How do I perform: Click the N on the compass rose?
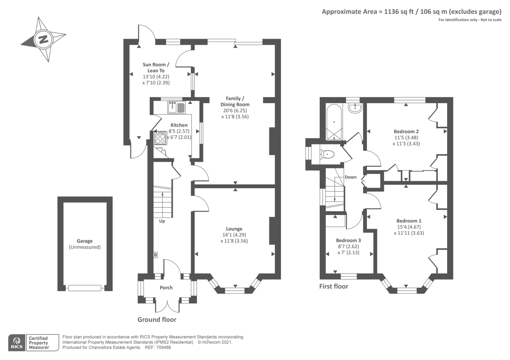tap(43, 40)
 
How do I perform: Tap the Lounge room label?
tap(234, 229)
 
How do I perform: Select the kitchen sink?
tap(177, 107)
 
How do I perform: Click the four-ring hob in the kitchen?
tap(160, 138)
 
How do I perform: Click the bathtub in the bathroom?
tap(334, 122)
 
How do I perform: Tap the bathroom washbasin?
tap(355, 108)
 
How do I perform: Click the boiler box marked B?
tap(156, 255)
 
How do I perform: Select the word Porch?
tap(166, 288)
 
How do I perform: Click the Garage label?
tap(85, 241)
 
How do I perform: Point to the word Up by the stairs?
tap(162, 221)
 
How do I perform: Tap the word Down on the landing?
tap(351, 177)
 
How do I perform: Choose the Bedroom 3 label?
tap(348, 240)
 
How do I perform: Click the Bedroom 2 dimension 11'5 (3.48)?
tap(406, 137)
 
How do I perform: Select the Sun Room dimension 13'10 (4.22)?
tap(156, 77)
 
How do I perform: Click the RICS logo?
tap(17, 343)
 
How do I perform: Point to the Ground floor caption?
tap(157, 320)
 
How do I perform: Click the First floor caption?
tap(334, 286)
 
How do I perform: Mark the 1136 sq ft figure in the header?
tap(399, 11)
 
